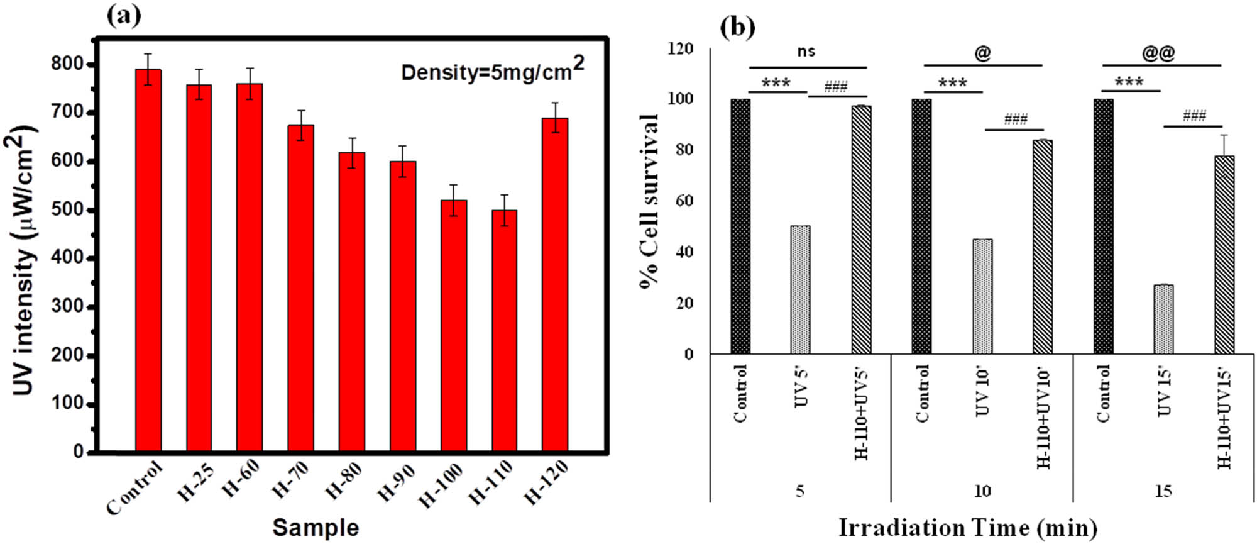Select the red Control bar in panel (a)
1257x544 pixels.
click(x=148, y=260)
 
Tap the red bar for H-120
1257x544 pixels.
click(x=555, y=284)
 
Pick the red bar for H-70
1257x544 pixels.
click(x=300, y=288)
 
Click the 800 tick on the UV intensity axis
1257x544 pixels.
click(x=69, y=64)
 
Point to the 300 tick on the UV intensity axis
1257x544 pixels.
click(x=69, y=307)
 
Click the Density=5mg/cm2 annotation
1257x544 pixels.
click(x=492, y=70)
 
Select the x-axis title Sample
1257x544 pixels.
click(x=316, y=527)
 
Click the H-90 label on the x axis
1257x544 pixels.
click(x=397, y=483)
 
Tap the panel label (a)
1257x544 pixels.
click(x=124, y=16)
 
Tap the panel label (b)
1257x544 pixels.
click(x=737, y=27)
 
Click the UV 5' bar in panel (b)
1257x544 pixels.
click(x=800, y=290)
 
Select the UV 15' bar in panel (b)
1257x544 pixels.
click(x=1163, y=319)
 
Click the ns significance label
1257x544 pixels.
click(x=806, y=52)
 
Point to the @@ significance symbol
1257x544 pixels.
click(x=1158, y=53)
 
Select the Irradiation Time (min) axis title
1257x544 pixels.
click(x=967, y=528)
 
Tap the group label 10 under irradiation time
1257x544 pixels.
click(x=982, y=491)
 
